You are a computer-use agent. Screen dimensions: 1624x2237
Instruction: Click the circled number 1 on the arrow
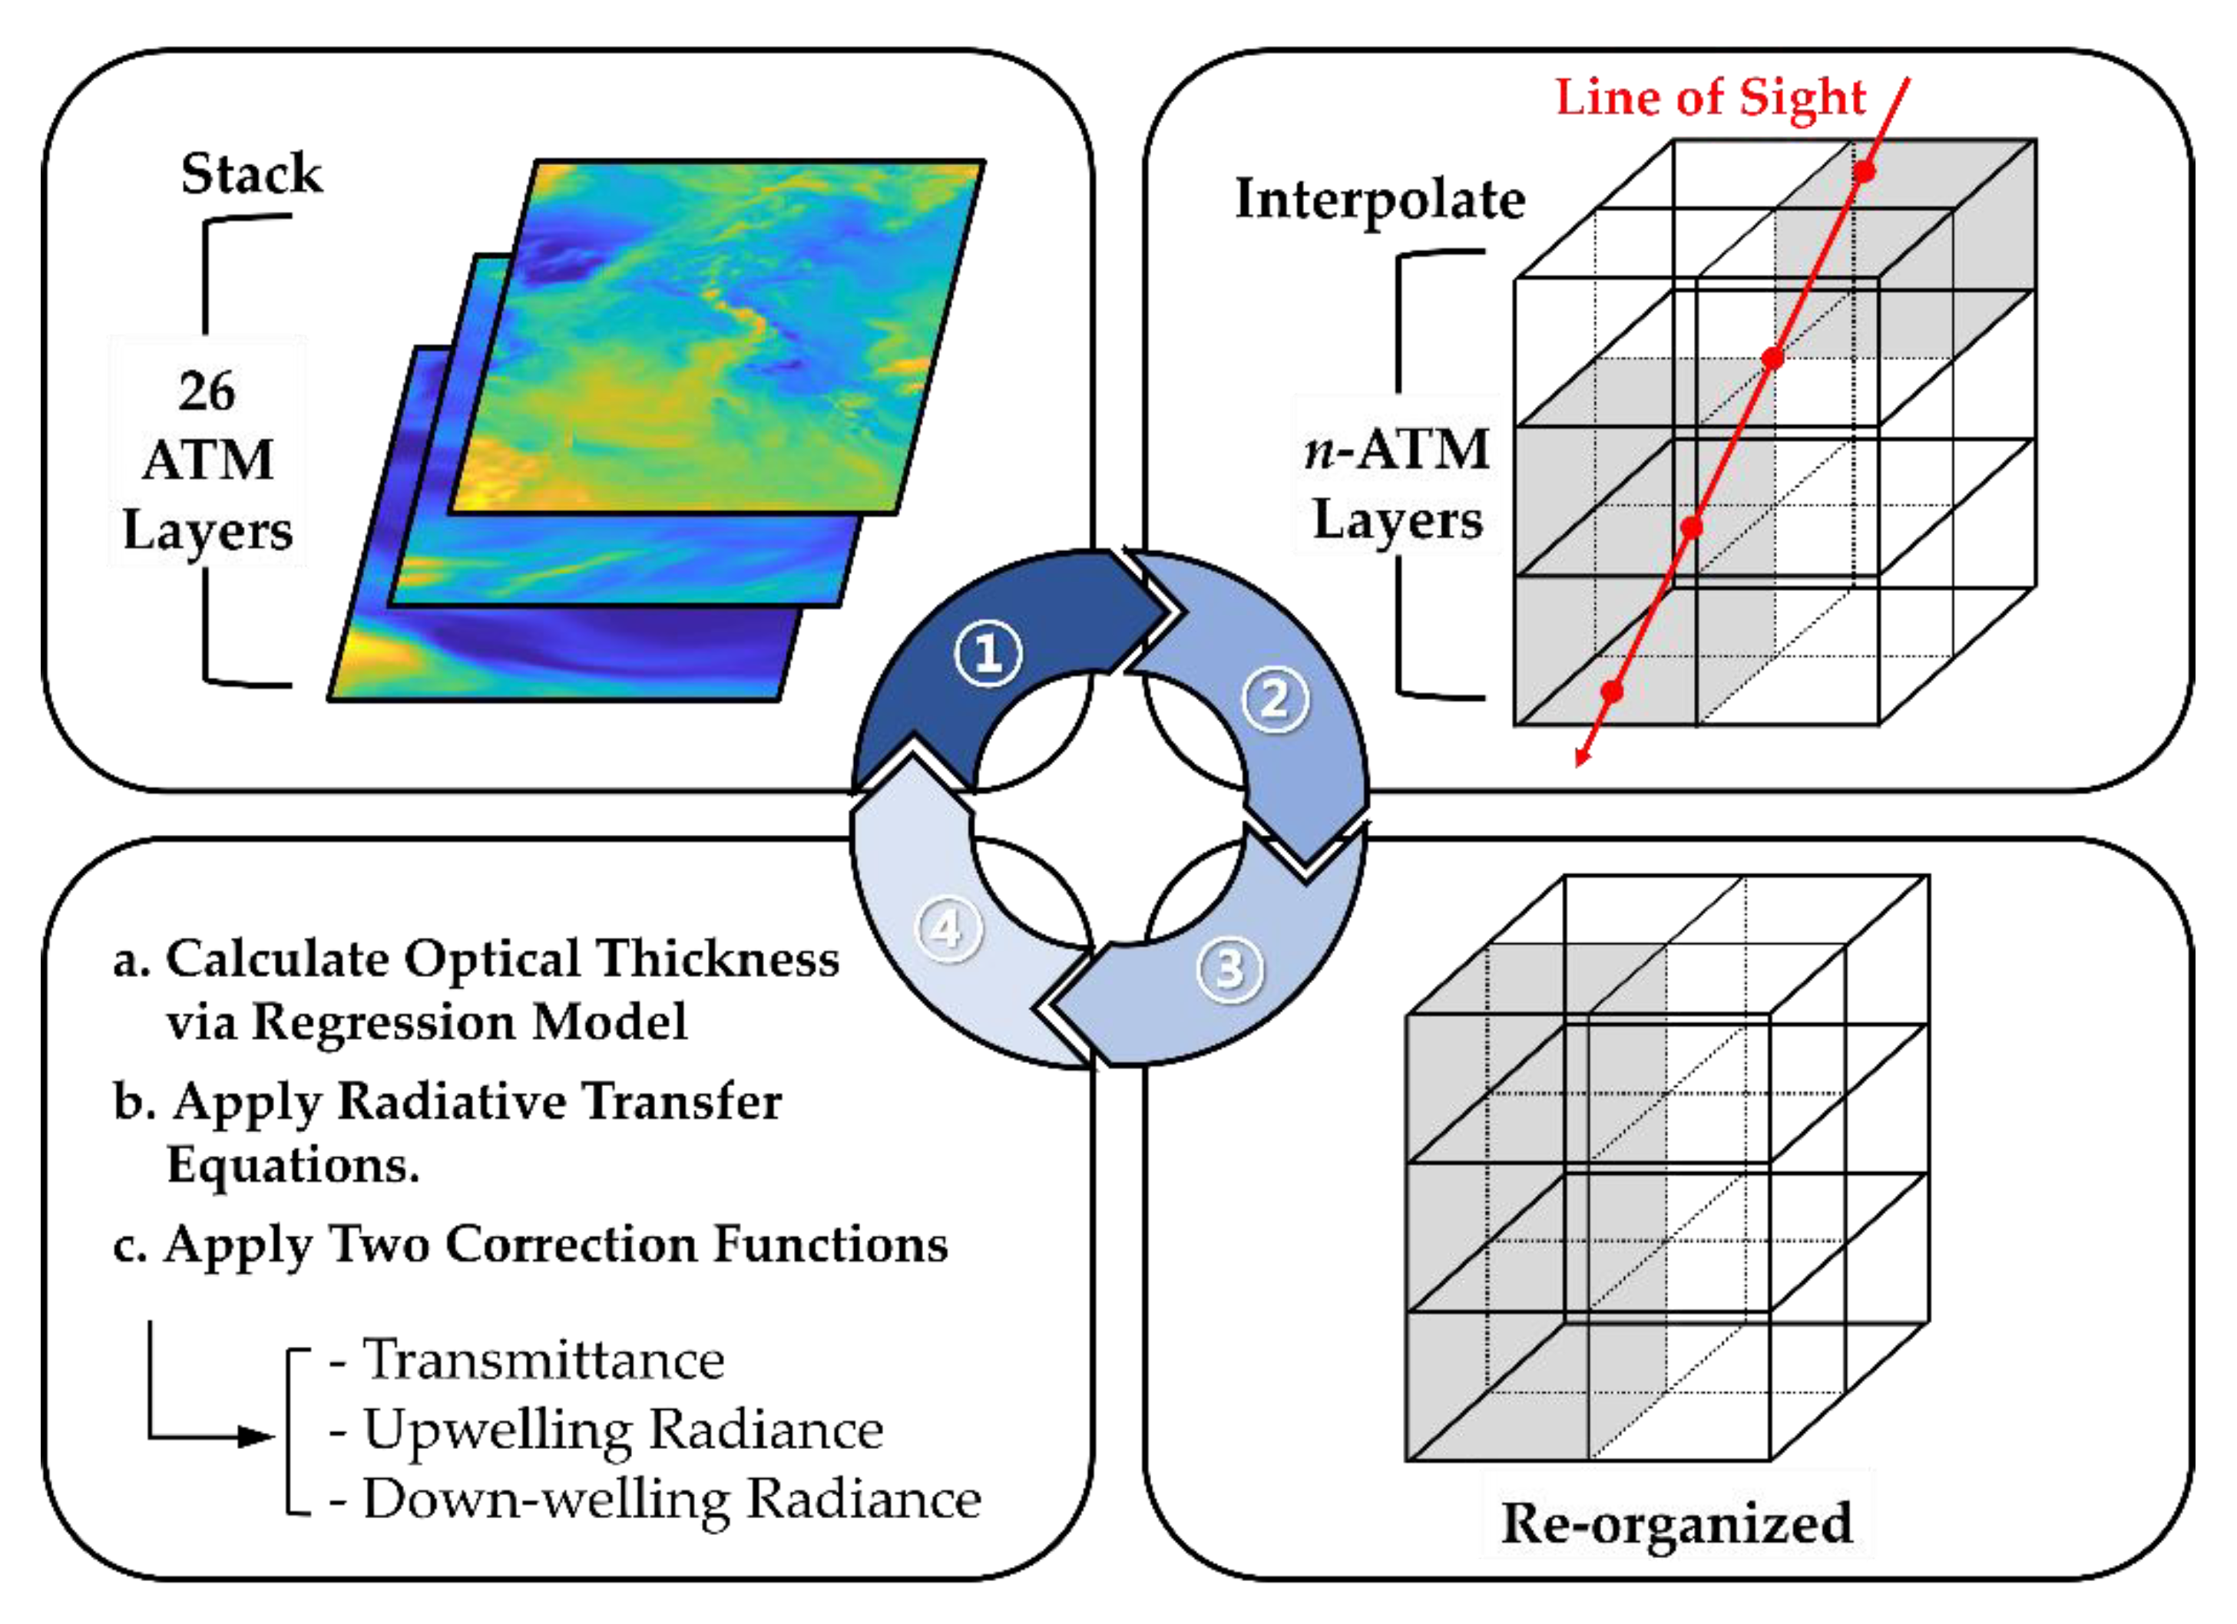tap(988, 653)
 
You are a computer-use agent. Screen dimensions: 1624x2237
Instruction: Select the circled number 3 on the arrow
tap(1229, 969)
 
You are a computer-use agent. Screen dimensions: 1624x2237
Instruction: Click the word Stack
tap(252, 173)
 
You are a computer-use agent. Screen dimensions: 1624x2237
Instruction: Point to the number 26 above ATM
tap(207, 391)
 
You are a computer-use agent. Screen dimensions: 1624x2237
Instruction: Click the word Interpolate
tap(1380, 200)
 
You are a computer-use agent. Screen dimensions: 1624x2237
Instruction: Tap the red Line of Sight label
tap(1710, 97)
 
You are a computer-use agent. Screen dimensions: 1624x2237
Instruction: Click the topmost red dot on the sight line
tap(1863, 170)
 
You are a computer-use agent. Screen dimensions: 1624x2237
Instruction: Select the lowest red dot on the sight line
tap(1612, 692)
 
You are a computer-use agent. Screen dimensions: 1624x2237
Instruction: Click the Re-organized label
tap(1676, 1523)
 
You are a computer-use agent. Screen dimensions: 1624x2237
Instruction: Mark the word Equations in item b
tap(293, 1164)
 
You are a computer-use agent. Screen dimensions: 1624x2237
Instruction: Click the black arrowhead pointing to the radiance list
tap(259, 1437)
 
